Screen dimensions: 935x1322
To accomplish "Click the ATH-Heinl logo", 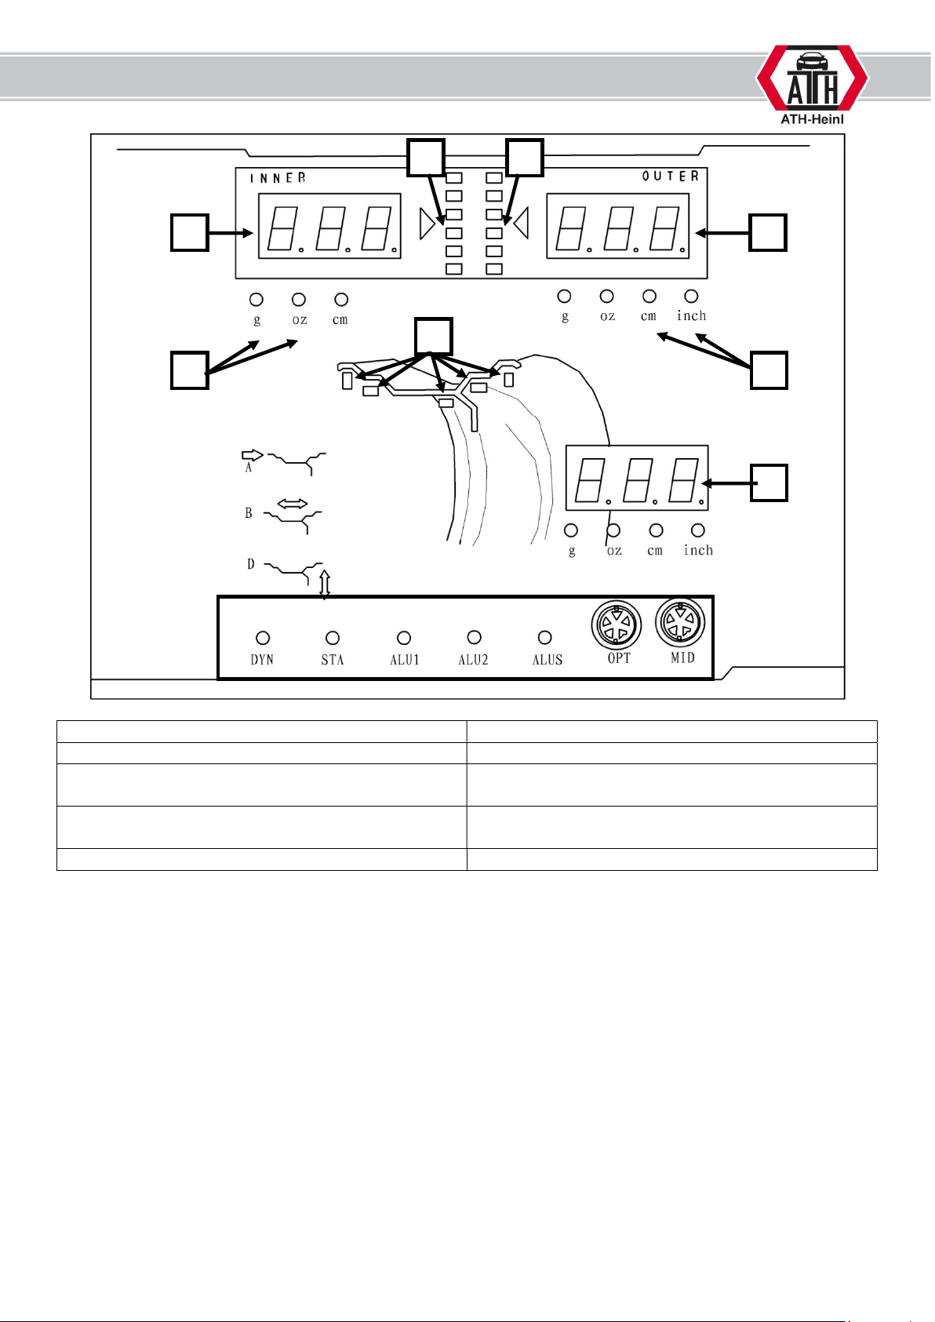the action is (813, 85).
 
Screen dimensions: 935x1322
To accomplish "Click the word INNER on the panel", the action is (278, 177).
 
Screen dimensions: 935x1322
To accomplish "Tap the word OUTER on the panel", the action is (670, 176).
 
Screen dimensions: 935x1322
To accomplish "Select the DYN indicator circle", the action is (263, 638).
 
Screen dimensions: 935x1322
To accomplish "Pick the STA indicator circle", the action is (333, 638).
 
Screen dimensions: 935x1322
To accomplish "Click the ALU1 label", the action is (405, 660).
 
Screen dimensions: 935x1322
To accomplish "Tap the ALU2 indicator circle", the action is (475, 637).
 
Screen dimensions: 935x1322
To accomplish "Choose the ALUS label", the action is (548, 660).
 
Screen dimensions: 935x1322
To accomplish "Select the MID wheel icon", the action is (680, 623).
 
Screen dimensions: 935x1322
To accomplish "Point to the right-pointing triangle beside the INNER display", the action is (427, 224).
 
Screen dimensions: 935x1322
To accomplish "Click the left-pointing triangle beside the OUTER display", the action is (521, 223).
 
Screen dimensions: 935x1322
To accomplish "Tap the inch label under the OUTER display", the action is (691, 315).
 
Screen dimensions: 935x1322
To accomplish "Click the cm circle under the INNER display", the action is (341, 300).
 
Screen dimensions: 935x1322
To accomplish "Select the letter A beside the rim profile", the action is (249, 468).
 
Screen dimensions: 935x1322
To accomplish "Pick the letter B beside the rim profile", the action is (249, 513).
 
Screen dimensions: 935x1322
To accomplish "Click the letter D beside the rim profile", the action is (251, 564).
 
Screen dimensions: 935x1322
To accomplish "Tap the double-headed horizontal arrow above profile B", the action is (293, 504).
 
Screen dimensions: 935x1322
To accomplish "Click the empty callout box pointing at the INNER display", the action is (189, 232).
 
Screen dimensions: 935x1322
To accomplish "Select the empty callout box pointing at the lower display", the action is (769, 483).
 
